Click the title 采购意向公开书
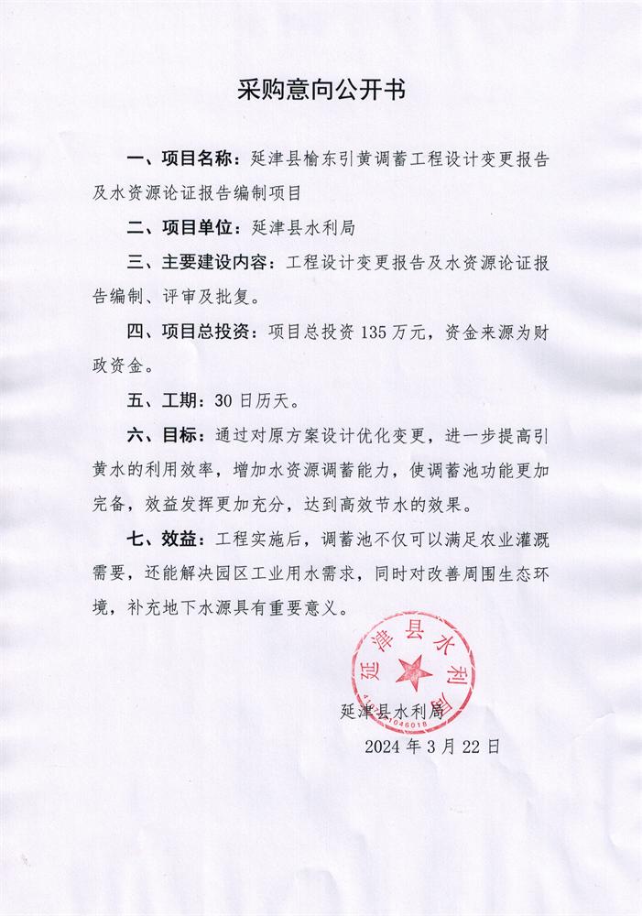point(321,91)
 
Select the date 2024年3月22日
point(430,747)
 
